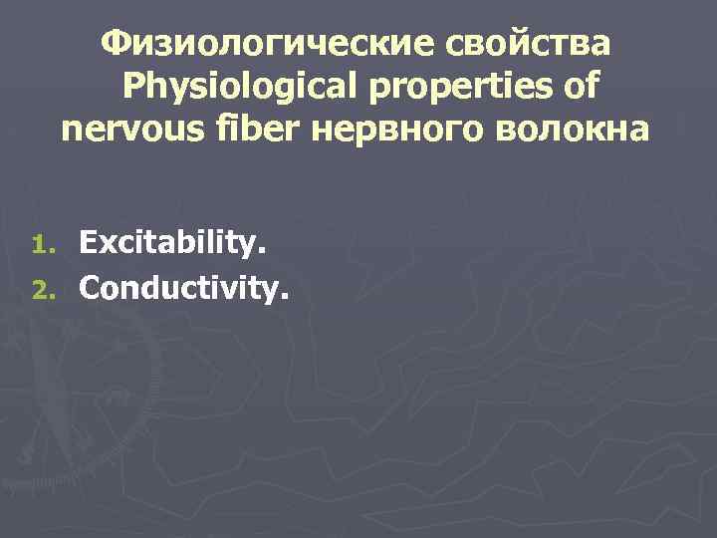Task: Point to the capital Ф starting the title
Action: coord(118,44)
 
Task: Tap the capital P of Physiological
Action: coord(134,87)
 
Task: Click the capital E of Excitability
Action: coord(89,241)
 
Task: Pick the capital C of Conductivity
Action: coord(91,288)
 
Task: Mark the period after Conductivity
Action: coord(287,297)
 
